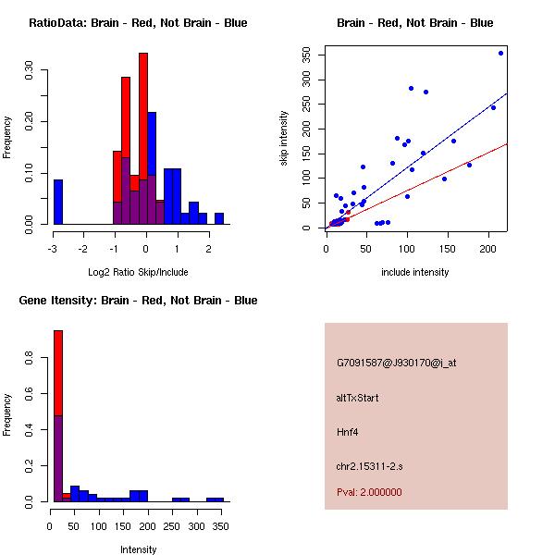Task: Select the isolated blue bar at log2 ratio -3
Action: (58, 202)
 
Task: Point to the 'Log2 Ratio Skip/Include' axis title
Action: (138, 272)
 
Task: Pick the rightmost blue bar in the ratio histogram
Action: (219, 218)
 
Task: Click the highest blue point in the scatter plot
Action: (500, 54)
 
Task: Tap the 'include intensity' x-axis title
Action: (415, 272)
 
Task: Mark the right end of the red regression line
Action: (506, 144)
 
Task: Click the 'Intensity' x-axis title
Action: (138, 549)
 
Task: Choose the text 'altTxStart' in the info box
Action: (358, 398)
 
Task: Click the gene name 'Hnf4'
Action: (347, 431)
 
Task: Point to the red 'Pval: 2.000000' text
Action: (369, 492)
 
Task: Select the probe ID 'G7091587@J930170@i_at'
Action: (396, 363)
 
